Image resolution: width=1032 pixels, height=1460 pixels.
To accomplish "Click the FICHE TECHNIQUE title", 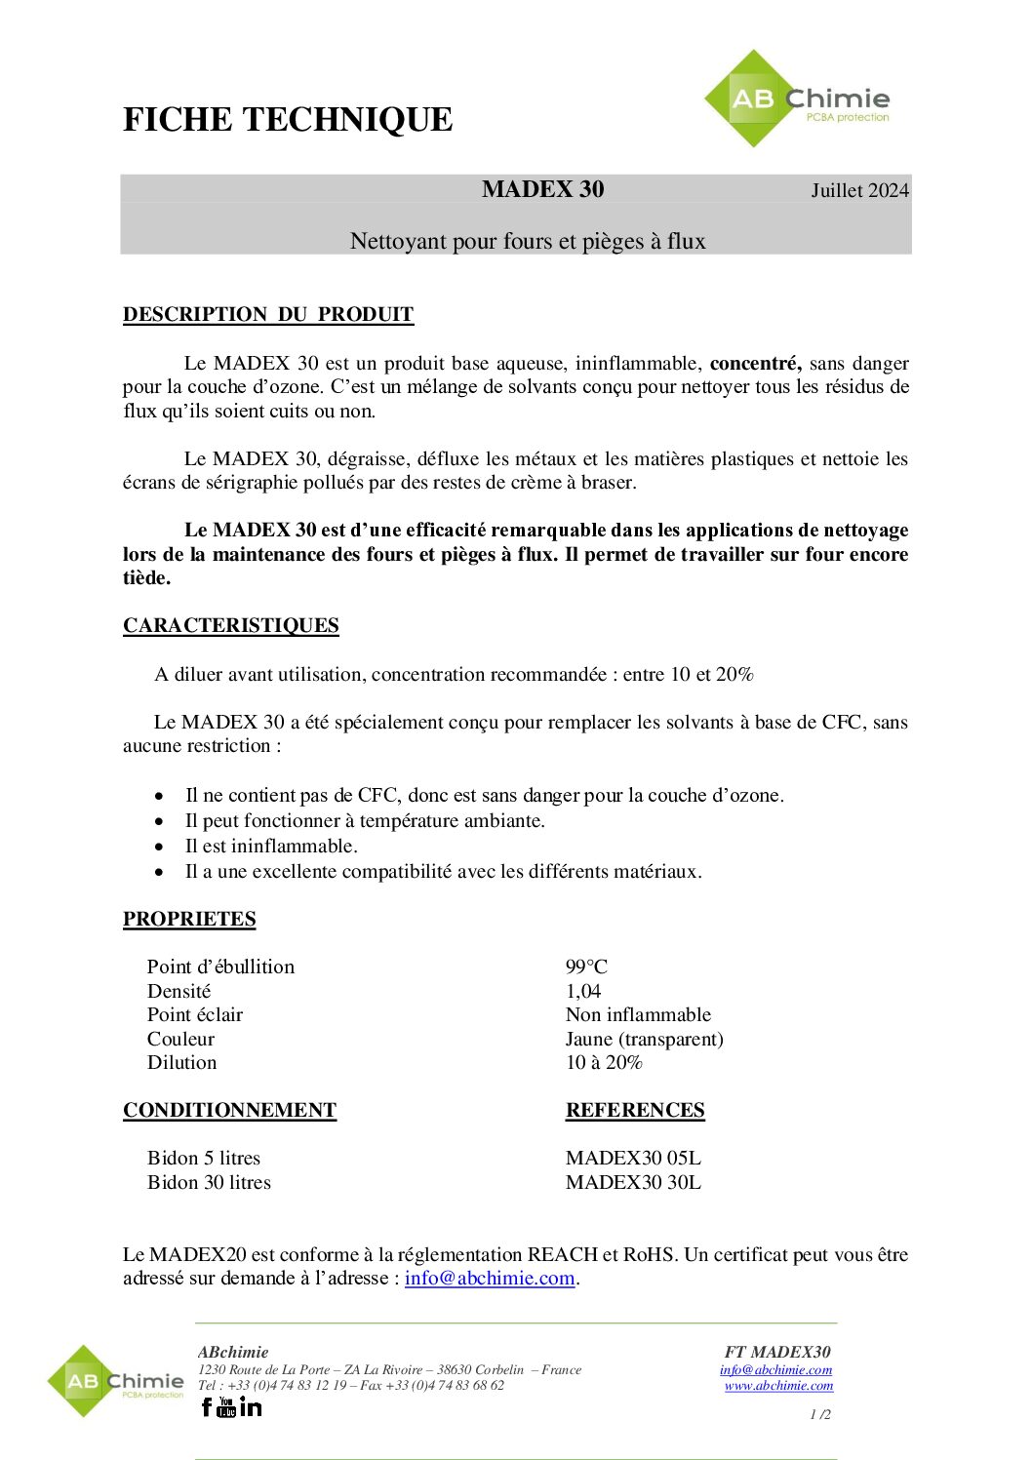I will click(288, 120).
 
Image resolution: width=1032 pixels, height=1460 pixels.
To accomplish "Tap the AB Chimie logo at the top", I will click(796, 99).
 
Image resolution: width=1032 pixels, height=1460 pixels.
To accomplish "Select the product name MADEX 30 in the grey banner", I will click(542, 189).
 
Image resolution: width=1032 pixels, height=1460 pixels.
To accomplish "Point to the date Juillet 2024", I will click(859, 190).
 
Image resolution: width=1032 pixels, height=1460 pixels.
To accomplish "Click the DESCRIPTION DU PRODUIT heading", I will click(268, 314).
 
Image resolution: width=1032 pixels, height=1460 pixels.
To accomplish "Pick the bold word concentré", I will click(755, 363).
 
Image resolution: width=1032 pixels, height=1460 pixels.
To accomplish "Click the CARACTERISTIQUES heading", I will click(231, 625).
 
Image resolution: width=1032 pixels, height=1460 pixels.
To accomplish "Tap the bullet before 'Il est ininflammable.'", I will click(159, 847).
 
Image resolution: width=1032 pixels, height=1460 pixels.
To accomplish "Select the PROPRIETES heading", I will click(189, 919).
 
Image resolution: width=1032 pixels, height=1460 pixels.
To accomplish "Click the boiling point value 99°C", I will click(586, 967).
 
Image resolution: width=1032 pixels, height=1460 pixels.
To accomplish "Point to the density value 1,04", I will click(583, 991).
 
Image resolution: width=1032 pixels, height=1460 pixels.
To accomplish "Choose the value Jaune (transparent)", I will click(644, 1039).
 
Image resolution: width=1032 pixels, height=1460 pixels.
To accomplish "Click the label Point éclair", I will click(195, 1014).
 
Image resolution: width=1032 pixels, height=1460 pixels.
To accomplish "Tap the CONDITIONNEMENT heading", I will click(229, 1110).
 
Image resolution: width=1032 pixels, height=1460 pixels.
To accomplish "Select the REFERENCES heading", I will click(635, 1110).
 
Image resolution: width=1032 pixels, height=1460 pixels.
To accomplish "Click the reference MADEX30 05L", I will click(633, 1158).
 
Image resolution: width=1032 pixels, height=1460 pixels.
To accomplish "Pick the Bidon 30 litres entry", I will click(209, 1182).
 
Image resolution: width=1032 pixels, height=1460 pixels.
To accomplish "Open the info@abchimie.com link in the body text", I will click(490, 1278).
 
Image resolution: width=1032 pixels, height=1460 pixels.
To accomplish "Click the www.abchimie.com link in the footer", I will click(778, 1385).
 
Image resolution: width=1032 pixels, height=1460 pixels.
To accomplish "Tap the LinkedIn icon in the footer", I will click(251, 1406).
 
